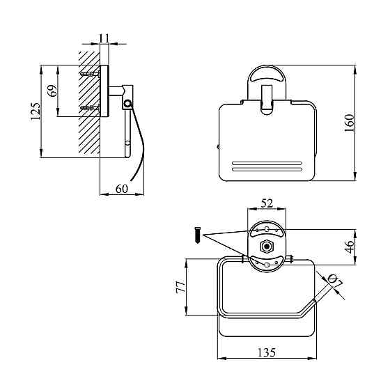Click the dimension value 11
coord(104,38)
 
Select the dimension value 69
coord(52,91)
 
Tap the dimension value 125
coord(36,111)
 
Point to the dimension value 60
coord(122,189)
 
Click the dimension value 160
coord(350,123)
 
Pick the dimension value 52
coord(267,203)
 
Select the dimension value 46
coord(350,247)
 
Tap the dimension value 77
coord(181,287)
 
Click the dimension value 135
coord(266,352)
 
